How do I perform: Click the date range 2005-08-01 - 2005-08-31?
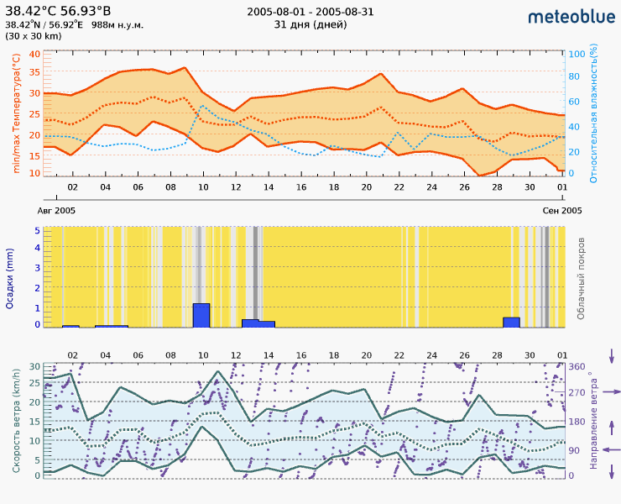310,12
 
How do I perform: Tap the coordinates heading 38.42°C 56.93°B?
58,11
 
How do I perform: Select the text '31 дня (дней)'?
310,24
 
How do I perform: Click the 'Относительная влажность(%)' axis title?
593,114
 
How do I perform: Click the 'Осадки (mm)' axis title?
10,278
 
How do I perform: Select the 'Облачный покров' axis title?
581,277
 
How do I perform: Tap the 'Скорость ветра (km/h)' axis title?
16,420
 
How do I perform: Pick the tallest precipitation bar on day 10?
201,315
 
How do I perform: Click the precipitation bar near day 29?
511,322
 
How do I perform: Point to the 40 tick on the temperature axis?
34,54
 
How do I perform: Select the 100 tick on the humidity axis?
577,54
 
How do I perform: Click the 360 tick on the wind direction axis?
577,366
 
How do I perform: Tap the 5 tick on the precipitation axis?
37,230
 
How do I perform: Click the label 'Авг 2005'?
57,210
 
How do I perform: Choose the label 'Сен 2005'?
562,210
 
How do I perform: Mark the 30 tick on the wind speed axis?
34,366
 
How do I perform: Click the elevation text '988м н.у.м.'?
117,24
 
